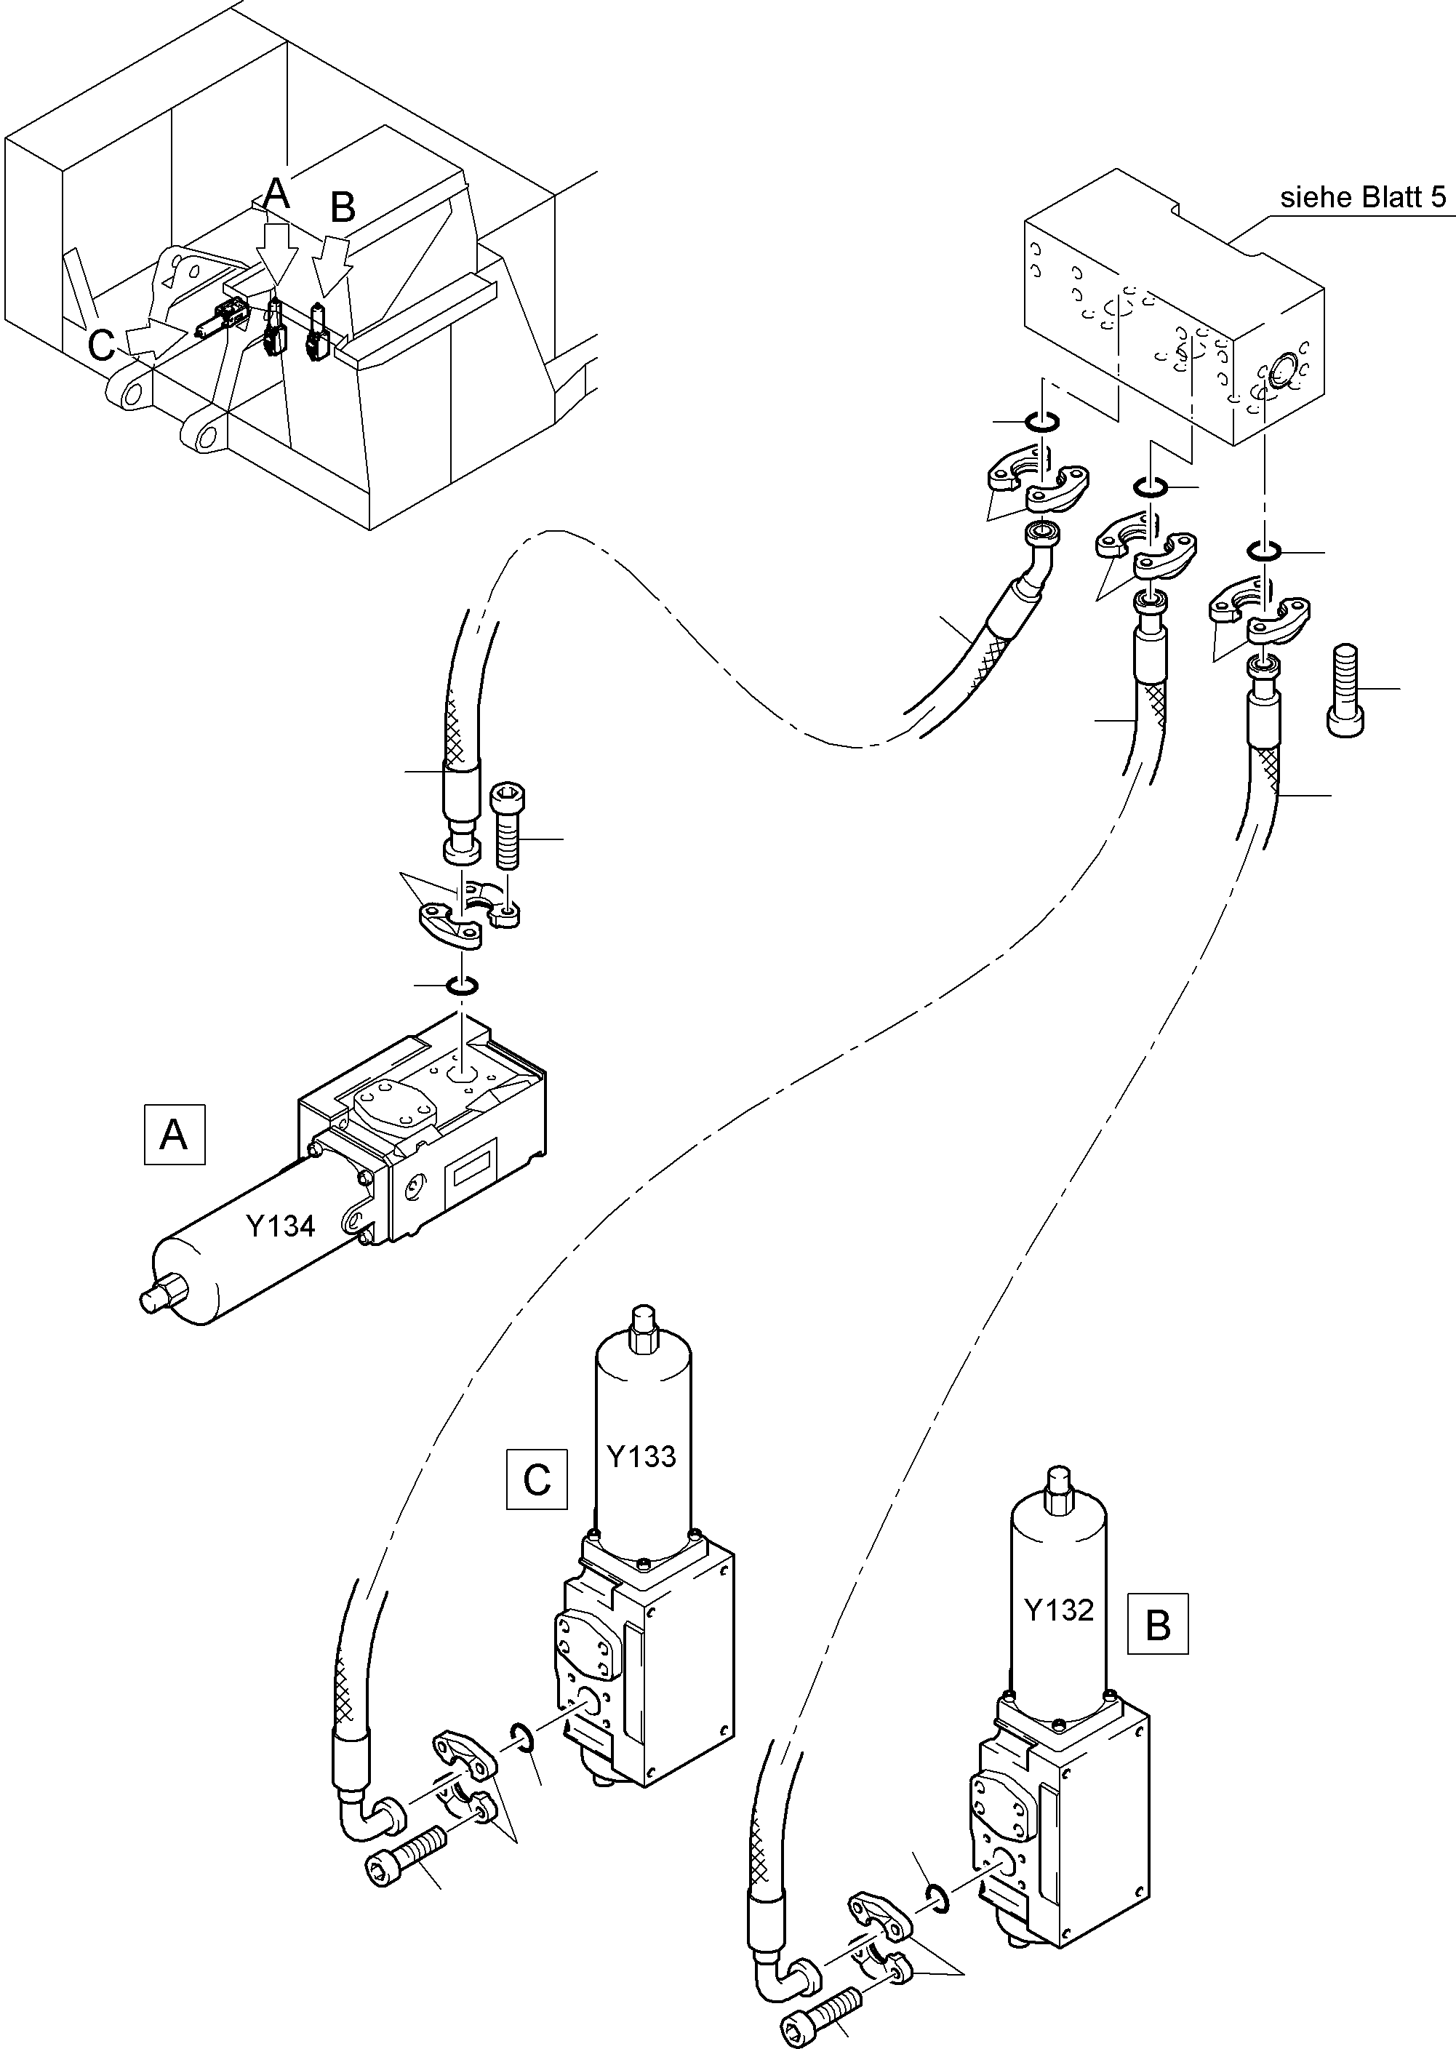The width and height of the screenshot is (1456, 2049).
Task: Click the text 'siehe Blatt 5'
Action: click(x=1362, y=197)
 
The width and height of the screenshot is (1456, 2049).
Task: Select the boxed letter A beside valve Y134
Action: click(x=174, y=1135)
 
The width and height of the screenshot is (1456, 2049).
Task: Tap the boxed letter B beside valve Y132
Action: click(x=1157, y=1623)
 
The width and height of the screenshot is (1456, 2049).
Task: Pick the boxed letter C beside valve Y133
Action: click(x=536, y=1479)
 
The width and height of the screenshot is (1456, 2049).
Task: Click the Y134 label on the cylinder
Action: click(x=281, y=1225)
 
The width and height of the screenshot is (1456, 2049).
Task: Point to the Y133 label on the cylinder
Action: click(x=641, y=1456)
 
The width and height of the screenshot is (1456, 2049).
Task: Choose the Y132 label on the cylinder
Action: click(x=1058, y=1610)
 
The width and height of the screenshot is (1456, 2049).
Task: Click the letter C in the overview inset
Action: click(x=100, y=344)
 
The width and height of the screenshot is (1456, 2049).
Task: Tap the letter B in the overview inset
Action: click(x=343, y=207)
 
